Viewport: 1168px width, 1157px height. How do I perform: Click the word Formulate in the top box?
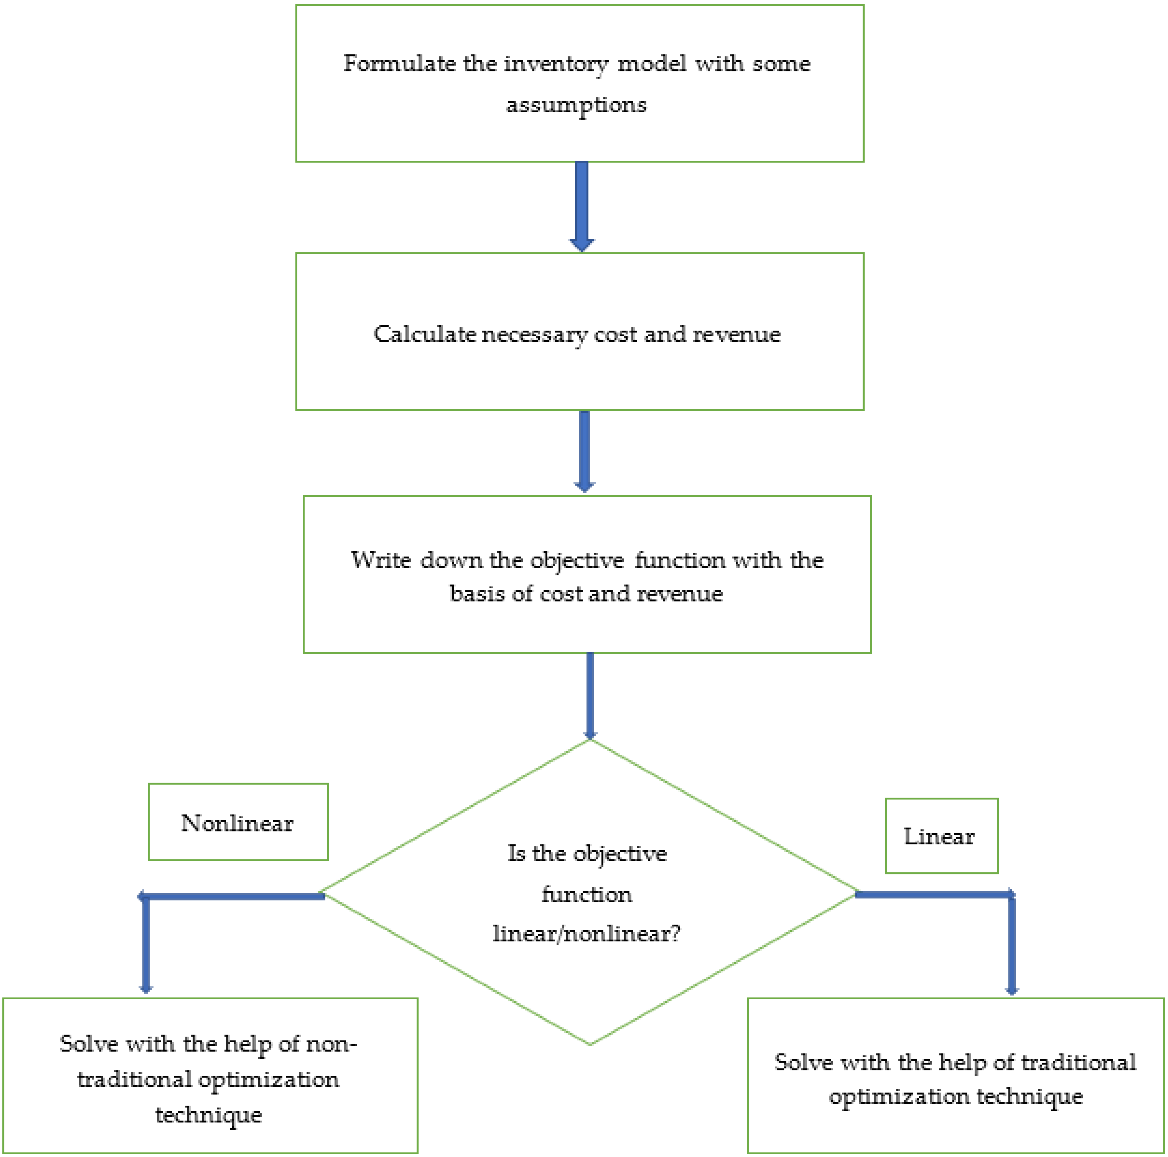399,64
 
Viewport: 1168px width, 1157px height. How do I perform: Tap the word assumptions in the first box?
576,105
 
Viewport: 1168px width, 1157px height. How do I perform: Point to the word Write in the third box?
381,560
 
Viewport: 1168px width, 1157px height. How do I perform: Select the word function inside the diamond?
586,894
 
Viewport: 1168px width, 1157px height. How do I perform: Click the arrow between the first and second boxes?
582,206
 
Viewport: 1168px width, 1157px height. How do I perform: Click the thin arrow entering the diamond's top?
590,696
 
